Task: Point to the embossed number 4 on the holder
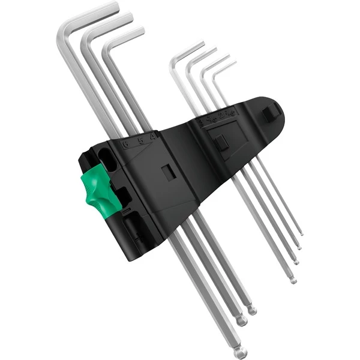(152, 135)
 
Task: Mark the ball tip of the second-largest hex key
(241, 322)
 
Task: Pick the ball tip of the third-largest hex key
(252, 310)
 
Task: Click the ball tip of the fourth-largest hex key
(293, 279)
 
